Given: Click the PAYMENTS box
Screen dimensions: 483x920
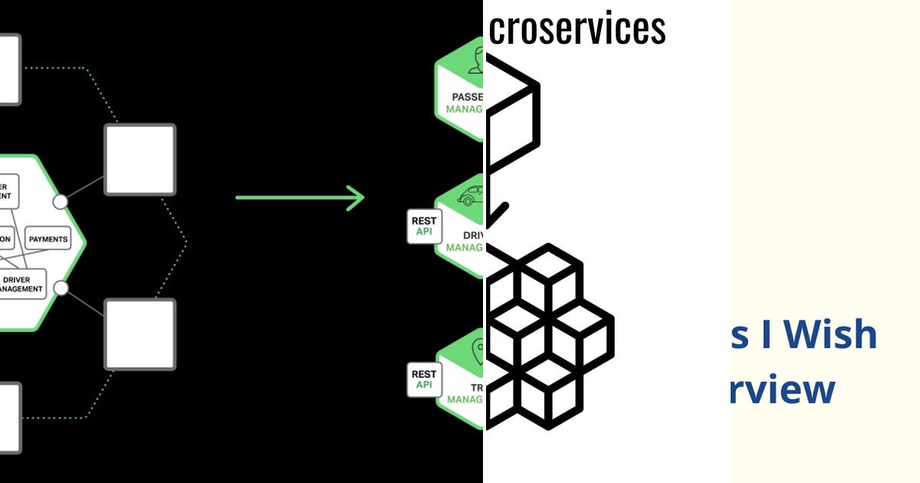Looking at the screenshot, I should click(x=48, y=239).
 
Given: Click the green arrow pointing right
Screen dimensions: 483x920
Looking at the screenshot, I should click(x=300, y=197).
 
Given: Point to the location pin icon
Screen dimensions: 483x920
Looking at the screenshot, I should click(x=479, y=350).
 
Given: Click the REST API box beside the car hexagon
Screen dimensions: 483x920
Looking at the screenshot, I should click(x=424, y=227).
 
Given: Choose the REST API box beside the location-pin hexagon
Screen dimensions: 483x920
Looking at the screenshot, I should click(x=424, y=379).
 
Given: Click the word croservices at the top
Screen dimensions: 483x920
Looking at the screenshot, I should click(x=577, y=29).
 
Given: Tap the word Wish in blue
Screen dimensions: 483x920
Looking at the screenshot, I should click(x=831, y=335).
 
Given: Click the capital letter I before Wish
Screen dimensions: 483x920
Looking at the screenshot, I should click(x=764, y=335).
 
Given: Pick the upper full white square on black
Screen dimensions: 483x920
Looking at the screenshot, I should click(x=140, y=160).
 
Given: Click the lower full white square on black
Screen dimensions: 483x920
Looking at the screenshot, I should click(x=140, y=334).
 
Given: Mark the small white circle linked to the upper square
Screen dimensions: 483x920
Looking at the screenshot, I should click(x=60, y=202).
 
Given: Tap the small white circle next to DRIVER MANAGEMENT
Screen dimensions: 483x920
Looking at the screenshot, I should click(x=61, y=287).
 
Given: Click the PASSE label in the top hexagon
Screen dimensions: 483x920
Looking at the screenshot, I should click(x=467, y=97).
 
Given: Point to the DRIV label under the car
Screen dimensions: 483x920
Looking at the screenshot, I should click(x=472, y=235).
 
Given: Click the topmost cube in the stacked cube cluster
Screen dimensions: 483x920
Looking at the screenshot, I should click(x=548, y=270).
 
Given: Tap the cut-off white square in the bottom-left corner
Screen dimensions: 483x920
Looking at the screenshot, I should click(x=9, y=418).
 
